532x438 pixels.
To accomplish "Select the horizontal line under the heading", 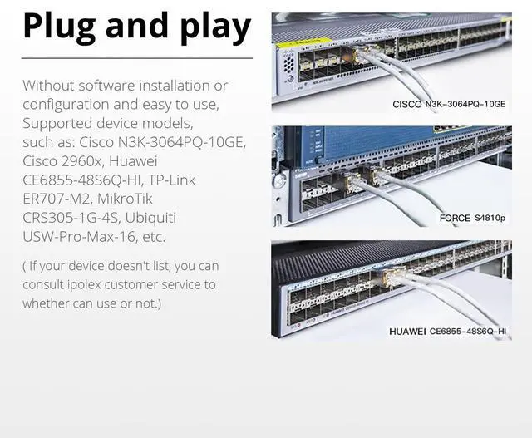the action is [x=136, y=58].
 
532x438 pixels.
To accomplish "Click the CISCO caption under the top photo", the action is [x=407, y=105].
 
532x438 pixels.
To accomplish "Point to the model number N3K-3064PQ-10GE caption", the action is [x=465, y=105].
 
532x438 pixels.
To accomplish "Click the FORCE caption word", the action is [x=455, y=219].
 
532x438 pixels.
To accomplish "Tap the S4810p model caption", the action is [x=490, y=219].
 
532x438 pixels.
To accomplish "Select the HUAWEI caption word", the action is [x=407, y=332].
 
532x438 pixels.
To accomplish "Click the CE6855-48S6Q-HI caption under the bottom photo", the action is [x=467, y=332].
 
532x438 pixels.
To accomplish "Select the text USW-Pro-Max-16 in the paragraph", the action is [x=70, y=237].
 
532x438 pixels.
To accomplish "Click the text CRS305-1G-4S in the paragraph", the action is [x=70, y=218].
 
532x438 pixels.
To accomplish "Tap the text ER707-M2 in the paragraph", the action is [x=57, y=199].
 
